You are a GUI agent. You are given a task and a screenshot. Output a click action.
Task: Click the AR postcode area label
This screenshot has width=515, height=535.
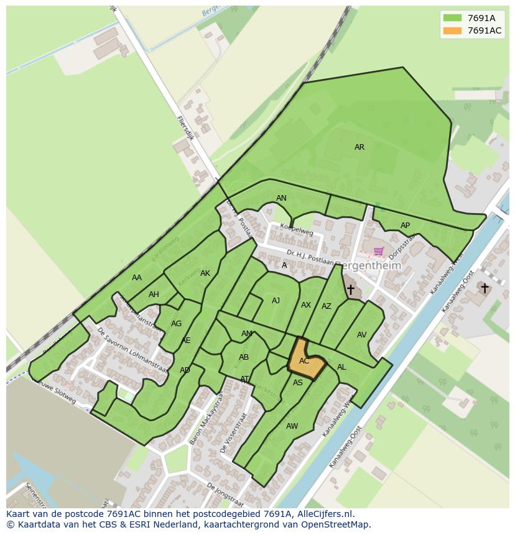click(360, 147)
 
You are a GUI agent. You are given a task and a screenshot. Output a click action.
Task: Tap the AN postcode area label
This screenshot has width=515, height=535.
click(281, 198)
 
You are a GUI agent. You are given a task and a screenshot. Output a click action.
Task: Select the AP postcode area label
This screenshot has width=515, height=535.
click(405, 226)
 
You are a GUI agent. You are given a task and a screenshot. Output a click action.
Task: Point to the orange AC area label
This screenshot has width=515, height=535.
click(304, 361)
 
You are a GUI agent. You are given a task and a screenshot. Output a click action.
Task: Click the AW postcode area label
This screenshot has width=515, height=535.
click(292, 426)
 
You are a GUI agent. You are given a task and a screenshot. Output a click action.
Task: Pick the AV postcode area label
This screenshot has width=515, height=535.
click(361, 335)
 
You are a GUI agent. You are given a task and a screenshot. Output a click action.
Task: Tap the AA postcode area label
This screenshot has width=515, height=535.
click(137, 278)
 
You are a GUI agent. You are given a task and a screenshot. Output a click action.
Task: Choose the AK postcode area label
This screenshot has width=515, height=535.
click(205, 273)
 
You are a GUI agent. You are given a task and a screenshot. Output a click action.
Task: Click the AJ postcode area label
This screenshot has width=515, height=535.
click(276, 301)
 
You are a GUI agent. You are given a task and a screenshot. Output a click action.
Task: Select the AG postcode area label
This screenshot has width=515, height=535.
click(176, 324)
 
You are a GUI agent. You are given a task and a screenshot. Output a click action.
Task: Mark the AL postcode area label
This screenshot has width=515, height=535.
click(341, 367)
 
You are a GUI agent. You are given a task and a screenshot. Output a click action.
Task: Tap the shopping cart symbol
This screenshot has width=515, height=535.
click(379, 252)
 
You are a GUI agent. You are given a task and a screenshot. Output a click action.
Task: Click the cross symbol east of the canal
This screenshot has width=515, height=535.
click(484, 288)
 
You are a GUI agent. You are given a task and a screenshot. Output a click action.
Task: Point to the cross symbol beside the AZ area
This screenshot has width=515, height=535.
click(351, 290)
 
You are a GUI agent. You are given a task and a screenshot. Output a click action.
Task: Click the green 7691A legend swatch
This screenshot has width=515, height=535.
click(452, 18)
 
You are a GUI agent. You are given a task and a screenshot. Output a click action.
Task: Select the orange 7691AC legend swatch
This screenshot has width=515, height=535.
click(452, 31)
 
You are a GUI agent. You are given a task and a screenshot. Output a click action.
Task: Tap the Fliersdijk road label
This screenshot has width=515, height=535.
click(185, 128)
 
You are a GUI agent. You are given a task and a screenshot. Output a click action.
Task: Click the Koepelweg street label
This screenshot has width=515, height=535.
click(296, 230)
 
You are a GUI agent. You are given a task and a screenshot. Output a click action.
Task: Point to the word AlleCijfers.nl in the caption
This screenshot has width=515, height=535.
click(323, 514)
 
